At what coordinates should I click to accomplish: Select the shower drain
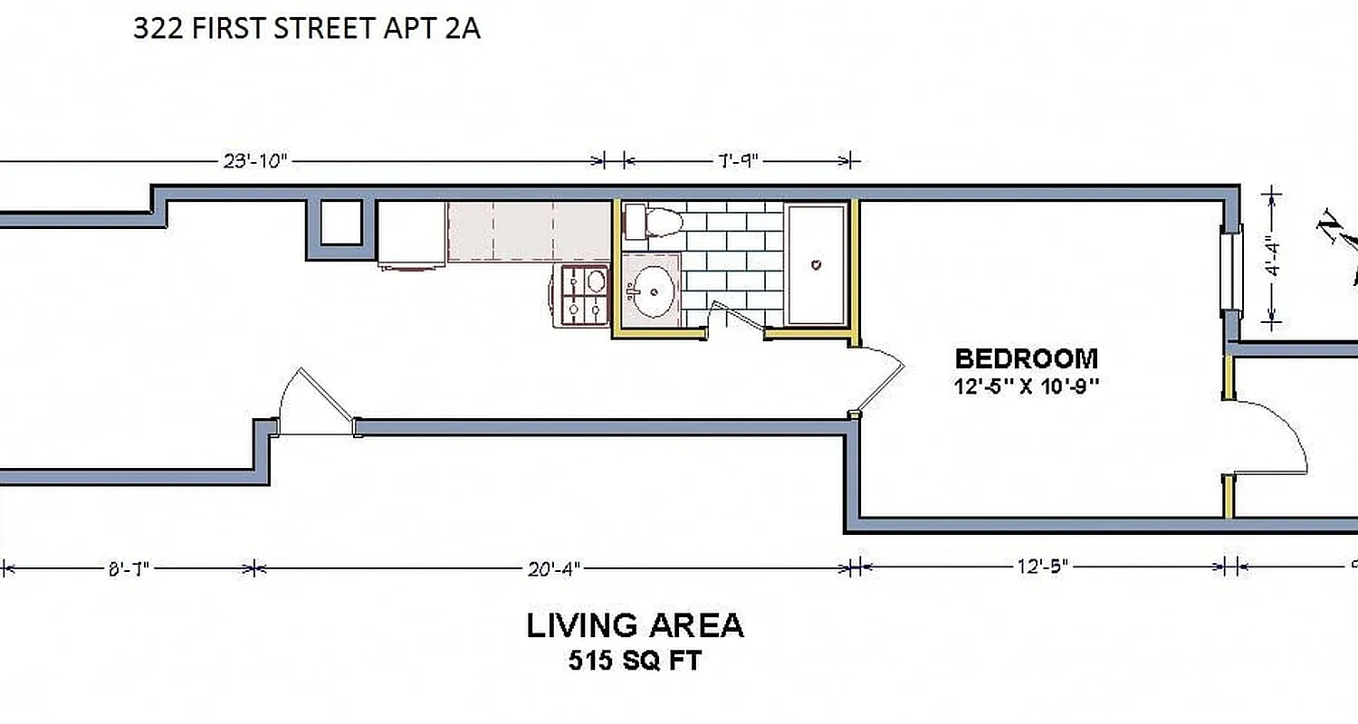click(x=816, y=265)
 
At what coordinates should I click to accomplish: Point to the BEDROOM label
click(x=1027, y=358)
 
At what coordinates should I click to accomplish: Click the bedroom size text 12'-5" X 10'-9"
click(x=1027, y=386)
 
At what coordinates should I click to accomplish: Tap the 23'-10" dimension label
click(x=254, y=161)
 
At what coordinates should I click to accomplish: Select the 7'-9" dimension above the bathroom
click(x=737, y=161)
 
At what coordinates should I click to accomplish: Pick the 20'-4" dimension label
click(x=553, y=568)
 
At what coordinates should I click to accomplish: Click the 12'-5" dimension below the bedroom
click(x=1043, y=567)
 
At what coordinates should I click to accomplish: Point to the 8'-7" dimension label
click(x=127, y=568)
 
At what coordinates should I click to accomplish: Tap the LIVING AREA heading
click(x=635, y=625)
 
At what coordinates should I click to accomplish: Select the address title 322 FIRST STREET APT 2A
click(x=306, y=30)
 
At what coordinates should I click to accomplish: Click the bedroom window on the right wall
click(x=1230, y=270)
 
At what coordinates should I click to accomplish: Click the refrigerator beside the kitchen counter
click(x=411, y=234)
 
